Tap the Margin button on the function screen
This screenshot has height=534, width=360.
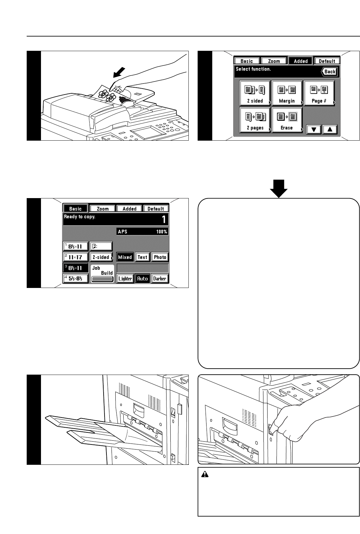click(x=287, y=93)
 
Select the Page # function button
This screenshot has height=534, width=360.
click(x=319, y=93)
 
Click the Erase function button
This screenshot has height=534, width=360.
click(x=287, y=120)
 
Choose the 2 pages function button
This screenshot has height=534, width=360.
click(x=255, y=120)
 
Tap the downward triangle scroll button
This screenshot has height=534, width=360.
click(x=314, y=130)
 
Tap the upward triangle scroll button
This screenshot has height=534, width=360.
click(x=330, y=130)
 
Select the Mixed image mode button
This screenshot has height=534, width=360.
click(x=125, y=257)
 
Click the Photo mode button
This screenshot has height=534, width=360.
click(x=160, y=257)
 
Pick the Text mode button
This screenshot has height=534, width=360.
click(x=142, y=257)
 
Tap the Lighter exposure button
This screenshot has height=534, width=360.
click(x=125, y=278)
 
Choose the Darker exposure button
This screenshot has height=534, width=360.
click(x=160, y=278)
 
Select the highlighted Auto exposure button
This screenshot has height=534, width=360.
click(x=142, y=278)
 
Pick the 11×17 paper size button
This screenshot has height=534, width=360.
click(x=75, y=257)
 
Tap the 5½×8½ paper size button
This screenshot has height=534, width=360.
click(x=75, y=278)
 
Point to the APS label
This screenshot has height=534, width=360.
click(x=123, y=231)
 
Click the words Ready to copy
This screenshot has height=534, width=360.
click(x=80, y=217)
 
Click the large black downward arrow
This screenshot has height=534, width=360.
click(x=279, y=189)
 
